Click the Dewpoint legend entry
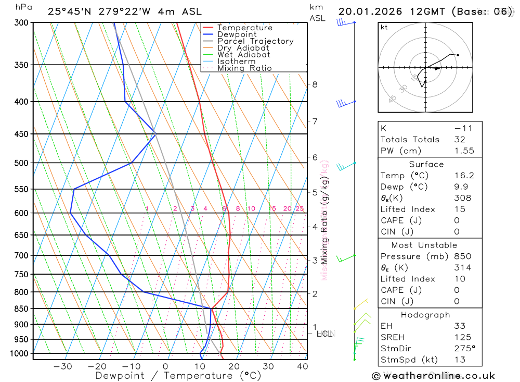coord(237,34)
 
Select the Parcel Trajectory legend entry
coord(255,41)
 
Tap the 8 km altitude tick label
coord(315,84)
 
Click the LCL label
coord(324,334)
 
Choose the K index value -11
coord(461,128)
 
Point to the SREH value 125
coord(461,337)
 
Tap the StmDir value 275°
coord(464,349)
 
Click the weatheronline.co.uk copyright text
coord(434,375)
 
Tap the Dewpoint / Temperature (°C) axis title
coord(178,376)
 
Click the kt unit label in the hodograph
coord(384,27)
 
